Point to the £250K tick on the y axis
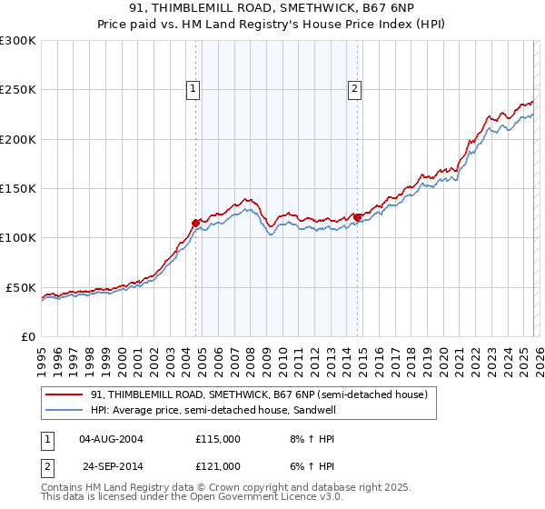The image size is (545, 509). (18, 90)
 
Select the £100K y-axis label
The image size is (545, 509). (18, 238)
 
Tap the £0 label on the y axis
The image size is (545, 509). (27, 336)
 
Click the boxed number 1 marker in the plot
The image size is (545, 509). (194, 89)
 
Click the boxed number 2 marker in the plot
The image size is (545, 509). (353, 89)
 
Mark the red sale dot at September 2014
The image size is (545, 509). (357, 217)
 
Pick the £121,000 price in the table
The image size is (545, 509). (218, 465)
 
